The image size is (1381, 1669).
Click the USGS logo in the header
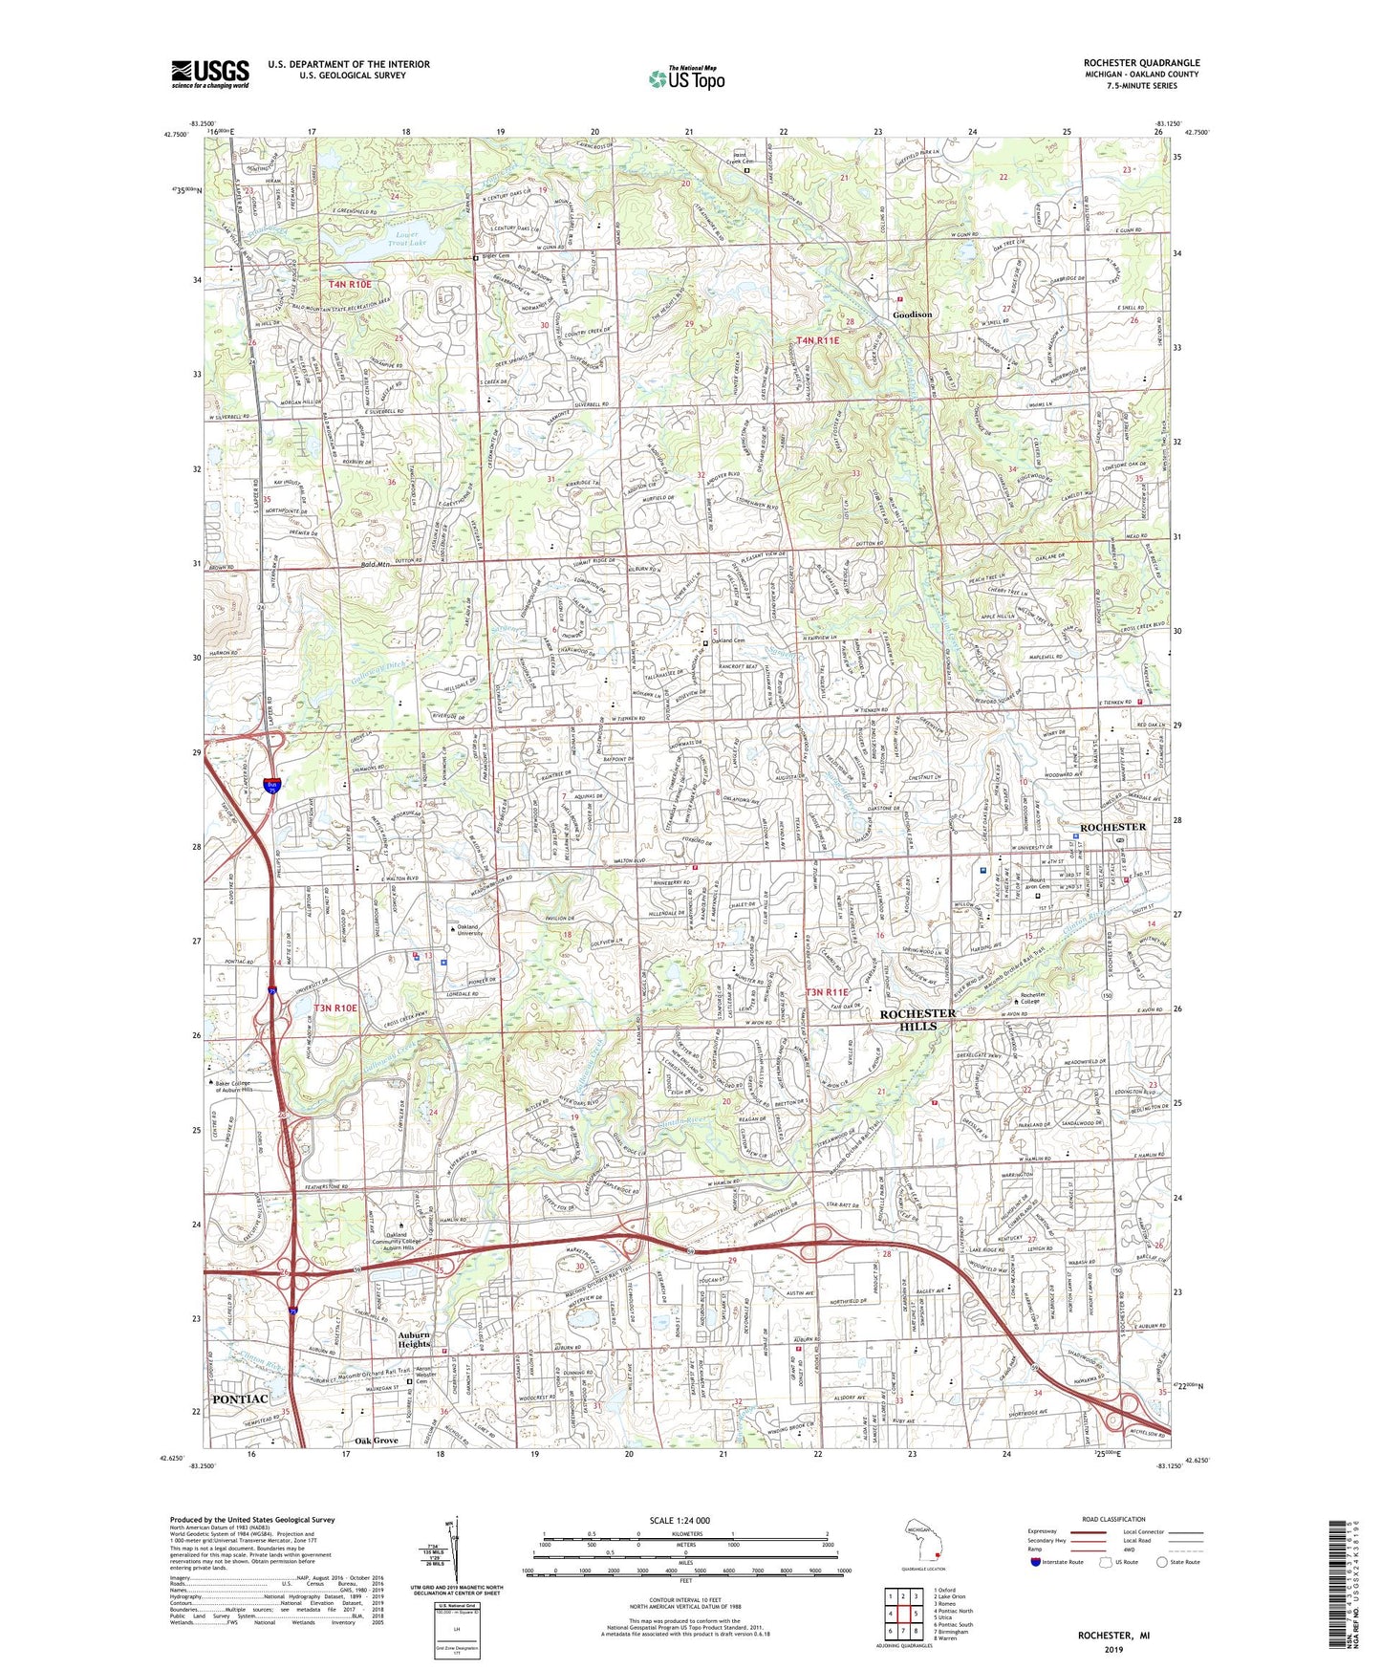[x=210, y=74]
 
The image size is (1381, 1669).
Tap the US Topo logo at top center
[x=686, y=78]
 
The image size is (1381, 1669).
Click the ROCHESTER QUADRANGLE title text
[x=1141, y=63]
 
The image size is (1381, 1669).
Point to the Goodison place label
[x=912, y=314]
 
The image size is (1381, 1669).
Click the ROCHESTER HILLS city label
[x=917, y=1019]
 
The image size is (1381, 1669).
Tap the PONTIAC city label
[x=240, y=1398]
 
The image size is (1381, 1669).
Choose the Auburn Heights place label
[x=414, y=1339]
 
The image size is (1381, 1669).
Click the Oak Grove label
[x=376, y=1441]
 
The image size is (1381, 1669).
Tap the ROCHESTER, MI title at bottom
[x=1113, y=1636]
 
